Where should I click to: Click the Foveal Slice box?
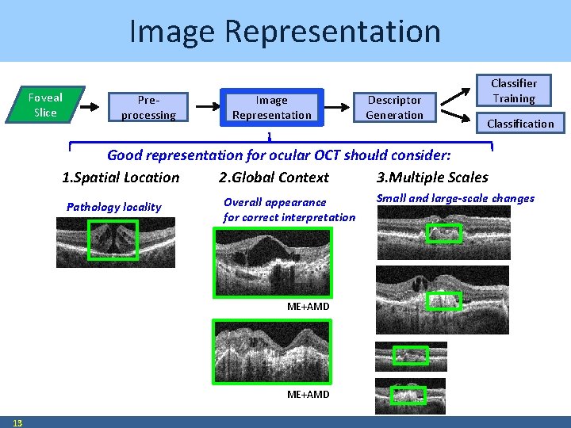(x=45, y=105)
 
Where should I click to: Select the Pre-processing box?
(x=148, y=108)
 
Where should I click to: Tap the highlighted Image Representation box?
(x=271, y=108)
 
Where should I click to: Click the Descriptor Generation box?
(x=394, y=108)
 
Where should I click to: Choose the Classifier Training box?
(x=513, y=91)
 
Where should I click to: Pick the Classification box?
(x=520, y=124)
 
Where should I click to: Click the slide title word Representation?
(x=332, y=32)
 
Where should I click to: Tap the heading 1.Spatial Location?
(x=121, y=177)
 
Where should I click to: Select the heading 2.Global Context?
(x=274, y=177)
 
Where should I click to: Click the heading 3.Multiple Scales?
(x=432, y=177)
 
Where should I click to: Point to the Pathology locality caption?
(x=113, y=207)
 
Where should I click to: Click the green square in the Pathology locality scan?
(x=113, y=240)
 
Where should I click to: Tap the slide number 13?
(x=17, y=422)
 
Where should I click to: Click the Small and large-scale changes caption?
(x=455, y=198)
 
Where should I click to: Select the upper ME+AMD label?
(x=308, y=307)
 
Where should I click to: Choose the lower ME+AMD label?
(x=308, y=395)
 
